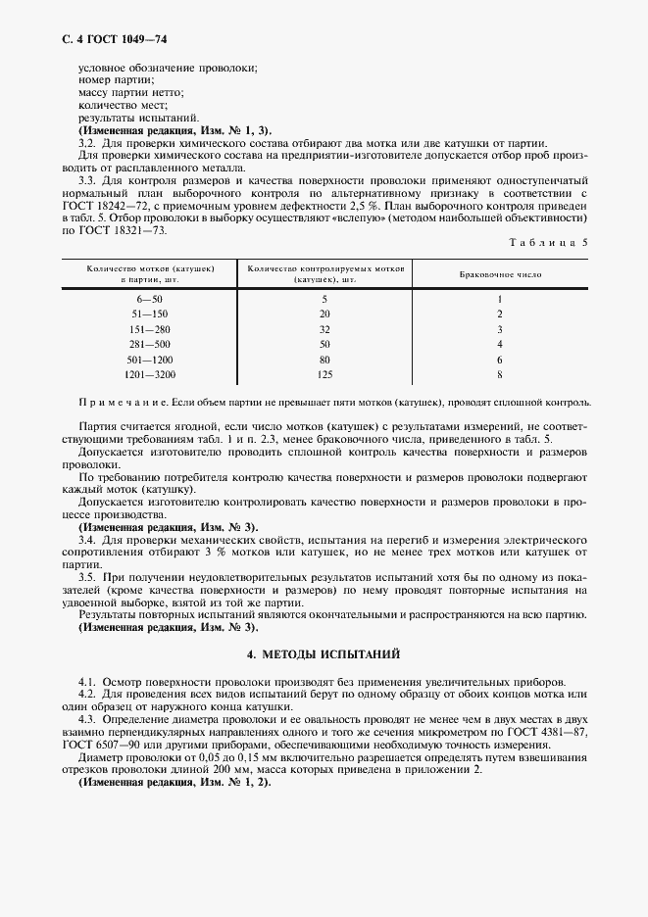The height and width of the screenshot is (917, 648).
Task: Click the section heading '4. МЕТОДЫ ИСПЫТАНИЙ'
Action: point(324,653)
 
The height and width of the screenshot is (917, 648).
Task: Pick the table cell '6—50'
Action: point(151,299)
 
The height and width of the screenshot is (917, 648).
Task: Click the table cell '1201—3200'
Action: point(151,374)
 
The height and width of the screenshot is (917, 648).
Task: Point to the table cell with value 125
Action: point(325,374)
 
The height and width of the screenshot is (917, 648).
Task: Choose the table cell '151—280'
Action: point(151,329)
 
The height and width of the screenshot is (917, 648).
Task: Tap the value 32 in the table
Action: point(325,329)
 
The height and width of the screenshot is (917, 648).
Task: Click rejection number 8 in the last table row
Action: point(499,374)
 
